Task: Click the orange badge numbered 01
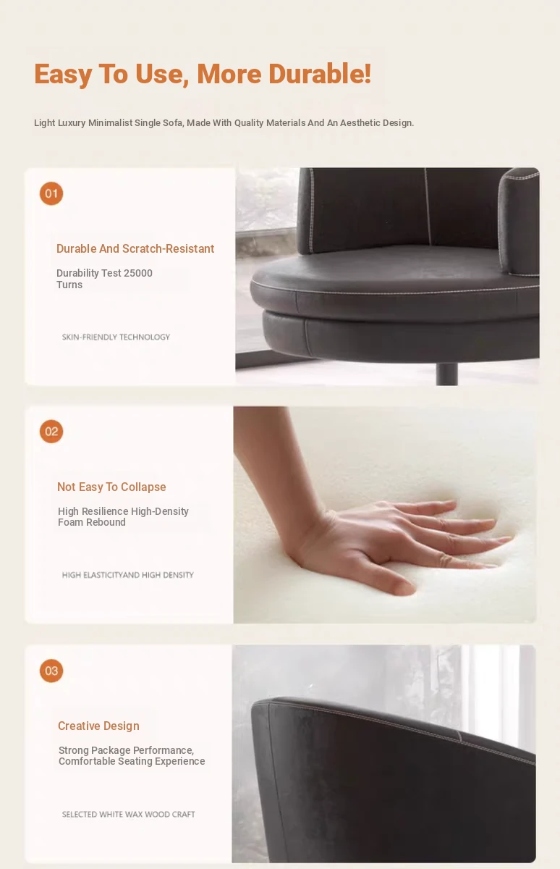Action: (51, 193)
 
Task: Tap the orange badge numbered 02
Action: (51, 431)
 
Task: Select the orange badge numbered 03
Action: (51, 671)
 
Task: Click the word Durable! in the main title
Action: (320, 73)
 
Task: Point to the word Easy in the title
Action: (63, 75)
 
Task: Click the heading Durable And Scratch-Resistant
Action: (135, 248)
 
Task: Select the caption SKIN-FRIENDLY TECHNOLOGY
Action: (116, 337)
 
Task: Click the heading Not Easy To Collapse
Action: (111, 487)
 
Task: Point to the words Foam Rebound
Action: (92, 522)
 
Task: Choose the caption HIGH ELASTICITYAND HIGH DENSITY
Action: (127, 574)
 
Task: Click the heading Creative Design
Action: (98, 726)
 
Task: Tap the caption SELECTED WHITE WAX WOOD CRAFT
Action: (128, 814)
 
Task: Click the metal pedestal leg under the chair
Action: (447, 374)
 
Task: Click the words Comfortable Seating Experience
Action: (132, 761)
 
